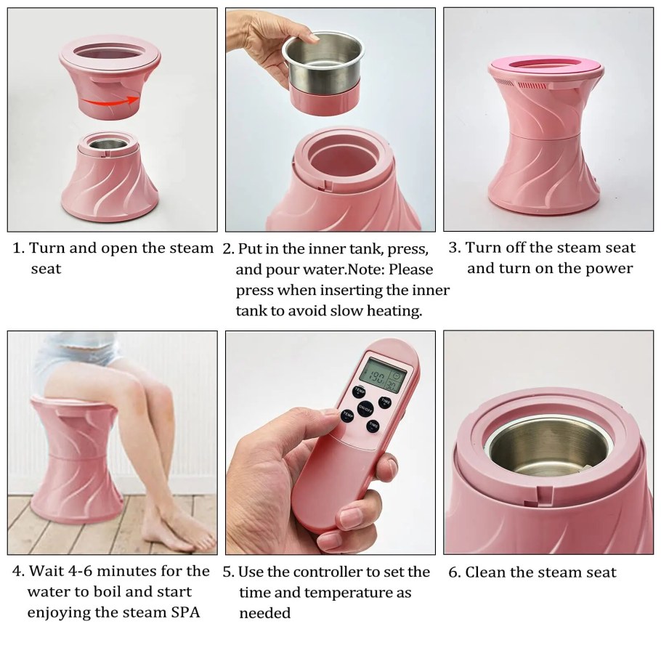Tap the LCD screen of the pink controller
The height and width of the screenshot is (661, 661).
[383, 376]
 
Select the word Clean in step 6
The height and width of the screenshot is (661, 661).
[485, 572]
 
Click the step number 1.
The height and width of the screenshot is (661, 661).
[18, 248]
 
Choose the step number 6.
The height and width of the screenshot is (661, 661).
[455, 572]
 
